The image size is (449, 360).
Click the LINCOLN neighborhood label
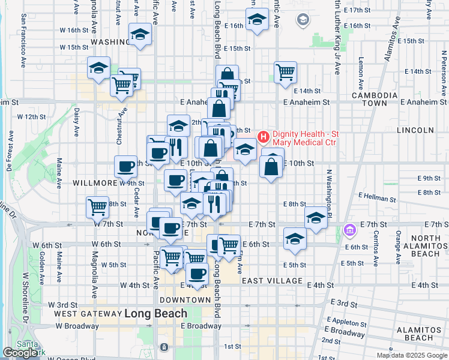pyautogui.click(x=415, y=130)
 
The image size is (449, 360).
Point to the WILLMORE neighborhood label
pyautogui.click(x=95, y=182)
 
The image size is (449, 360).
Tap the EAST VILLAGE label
pyautogui.click(x=271, y=281)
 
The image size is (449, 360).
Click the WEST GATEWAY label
pyautogui.click(x=88, y=314)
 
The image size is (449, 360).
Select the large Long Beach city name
pyautogui.click(x=155, y=313)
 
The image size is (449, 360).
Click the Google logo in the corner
pyautogui.click(x=20, y=353)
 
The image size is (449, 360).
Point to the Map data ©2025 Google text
pyautogui.click(x=411, y=355)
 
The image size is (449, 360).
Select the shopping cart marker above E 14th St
pyautogui.click(x=286, y=72)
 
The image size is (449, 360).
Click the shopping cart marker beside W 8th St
pyautogui.click(x=97, y=207)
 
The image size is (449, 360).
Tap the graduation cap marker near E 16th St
pyautogui.click(x=257, y=20)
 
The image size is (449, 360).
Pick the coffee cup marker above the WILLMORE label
pyautogui.click(x=126, y=166)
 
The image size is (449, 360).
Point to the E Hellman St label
pyautogui.click(x=378, y=196)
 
